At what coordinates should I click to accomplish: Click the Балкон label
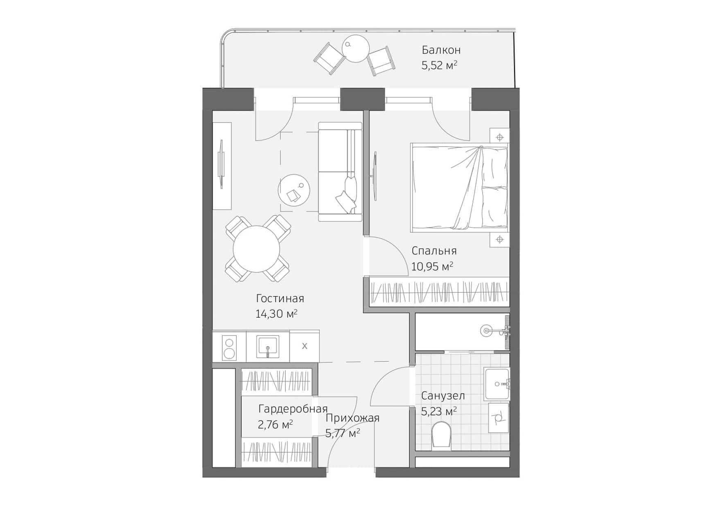click(441, 50)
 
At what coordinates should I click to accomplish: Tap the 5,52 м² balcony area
click(439, 65)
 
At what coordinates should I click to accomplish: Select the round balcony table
click(356, 48)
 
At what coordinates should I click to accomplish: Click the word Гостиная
click(280, 298)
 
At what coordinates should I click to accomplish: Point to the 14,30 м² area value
click(276, 314)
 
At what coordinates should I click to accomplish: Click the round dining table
click(256, 249)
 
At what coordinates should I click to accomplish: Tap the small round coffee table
click(294, 190)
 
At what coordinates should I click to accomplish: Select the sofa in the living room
click(340, 172)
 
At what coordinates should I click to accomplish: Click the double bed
click(459, 187)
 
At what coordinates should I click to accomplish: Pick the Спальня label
click(434, 251)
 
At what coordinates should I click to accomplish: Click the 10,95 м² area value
click(432, 266)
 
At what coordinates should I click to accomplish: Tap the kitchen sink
click(268, 346)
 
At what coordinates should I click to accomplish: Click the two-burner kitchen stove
click(229, 347)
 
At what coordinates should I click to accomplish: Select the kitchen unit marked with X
click(304, 346)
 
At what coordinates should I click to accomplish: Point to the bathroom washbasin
click(497, 384)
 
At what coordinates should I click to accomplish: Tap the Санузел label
click(443, 396)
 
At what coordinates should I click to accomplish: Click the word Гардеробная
click(293, 409)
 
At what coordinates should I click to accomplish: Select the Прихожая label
click(352, 418)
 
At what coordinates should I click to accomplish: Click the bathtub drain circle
click(486, 331)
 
